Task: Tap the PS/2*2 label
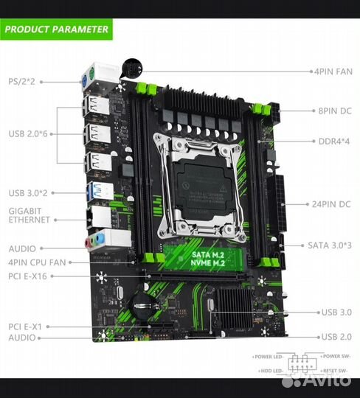click(21, 80)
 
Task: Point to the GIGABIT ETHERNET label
click(30, 214)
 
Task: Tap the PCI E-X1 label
click(27, 325)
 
